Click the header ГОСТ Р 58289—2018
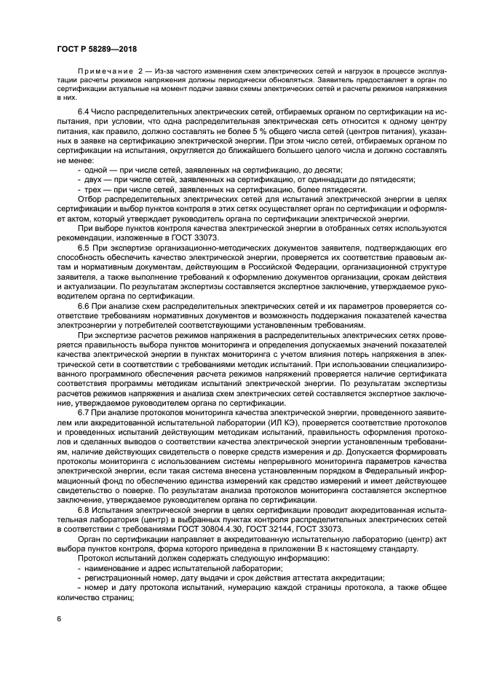pos(96,48)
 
